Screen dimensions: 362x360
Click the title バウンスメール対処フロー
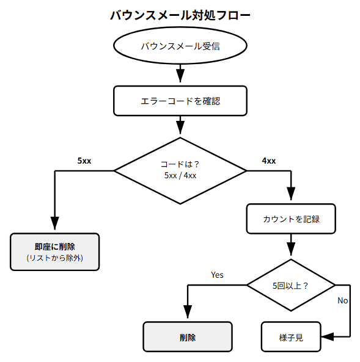[180, 15]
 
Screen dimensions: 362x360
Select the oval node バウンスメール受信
[180, 46]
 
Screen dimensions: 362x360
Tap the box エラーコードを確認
[180, 101]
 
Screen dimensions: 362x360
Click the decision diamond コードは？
[180, 170]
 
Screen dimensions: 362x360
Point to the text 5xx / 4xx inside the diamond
[180, 176]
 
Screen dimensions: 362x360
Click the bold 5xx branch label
[84, 161]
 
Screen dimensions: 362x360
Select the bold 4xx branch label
[268, 161]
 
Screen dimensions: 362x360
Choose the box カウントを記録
[291, 219]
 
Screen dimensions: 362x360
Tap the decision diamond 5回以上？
[291, 285]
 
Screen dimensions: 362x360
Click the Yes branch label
[217, 275]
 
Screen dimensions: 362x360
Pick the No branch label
[342, 300]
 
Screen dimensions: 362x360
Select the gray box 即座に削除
[55, 252]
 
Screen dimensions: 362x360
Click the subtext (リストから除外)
[55, 259]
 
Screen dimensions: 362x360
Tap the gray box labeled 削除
[188, 337]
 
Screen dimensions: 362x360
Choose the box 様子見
[291, 337]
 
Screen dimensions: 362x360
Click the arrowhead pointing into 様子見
[328, 337]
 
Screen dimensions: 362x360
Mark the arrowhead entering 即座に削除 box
[55, 224]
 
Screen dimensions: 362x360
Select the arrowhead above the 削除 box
[188, 313]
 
